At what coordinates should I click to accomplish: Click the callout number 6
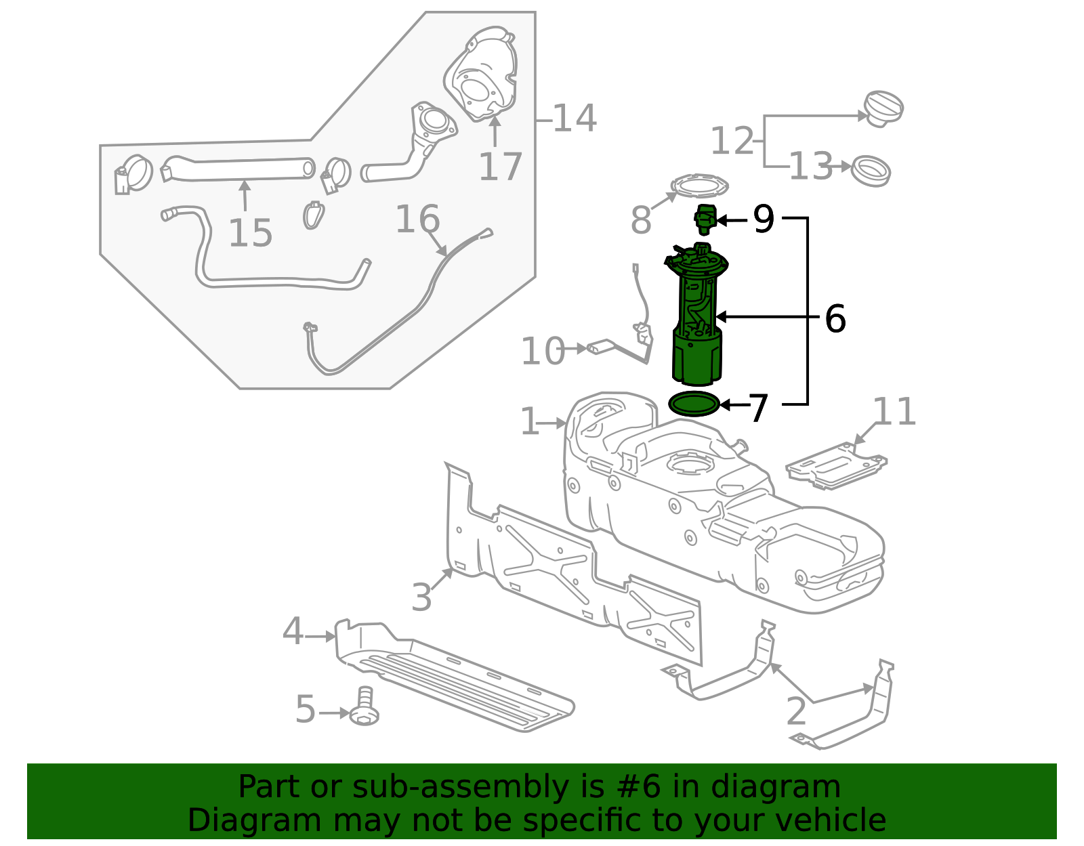[x=835, y=318]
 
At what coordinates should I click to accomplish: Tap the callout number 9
[x=764, y=220]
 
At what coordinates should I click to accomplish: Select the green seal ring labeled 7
[x=694, y=404]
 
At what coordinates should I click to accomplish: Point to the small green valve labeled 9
[x=705, y=219]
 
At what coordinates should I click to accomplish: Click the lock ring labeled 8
[x=699, y=185]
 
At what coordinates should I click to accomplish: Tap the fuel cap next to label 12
[x=883, y=108]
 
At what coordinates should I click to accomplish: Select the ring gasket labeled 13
[x=871, y=171]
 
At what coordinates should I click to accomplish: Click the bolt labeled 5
[x=364, y=708]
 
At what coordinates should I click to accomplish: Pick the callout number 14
[x=575, y=119]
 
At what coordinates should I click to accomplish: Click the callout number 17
[x=501, y=167]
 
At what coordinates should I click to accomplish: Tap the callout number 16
[x=417, y=219]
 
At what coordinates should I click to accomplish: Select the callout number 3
[x=421, y=597]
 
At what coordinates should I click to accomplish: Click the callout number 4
[x=293, y=631]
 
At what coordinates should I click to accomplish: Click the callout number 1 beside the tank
[x=530, y=422]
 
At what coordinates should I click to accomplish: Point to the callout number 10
[x=542, y=351]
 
